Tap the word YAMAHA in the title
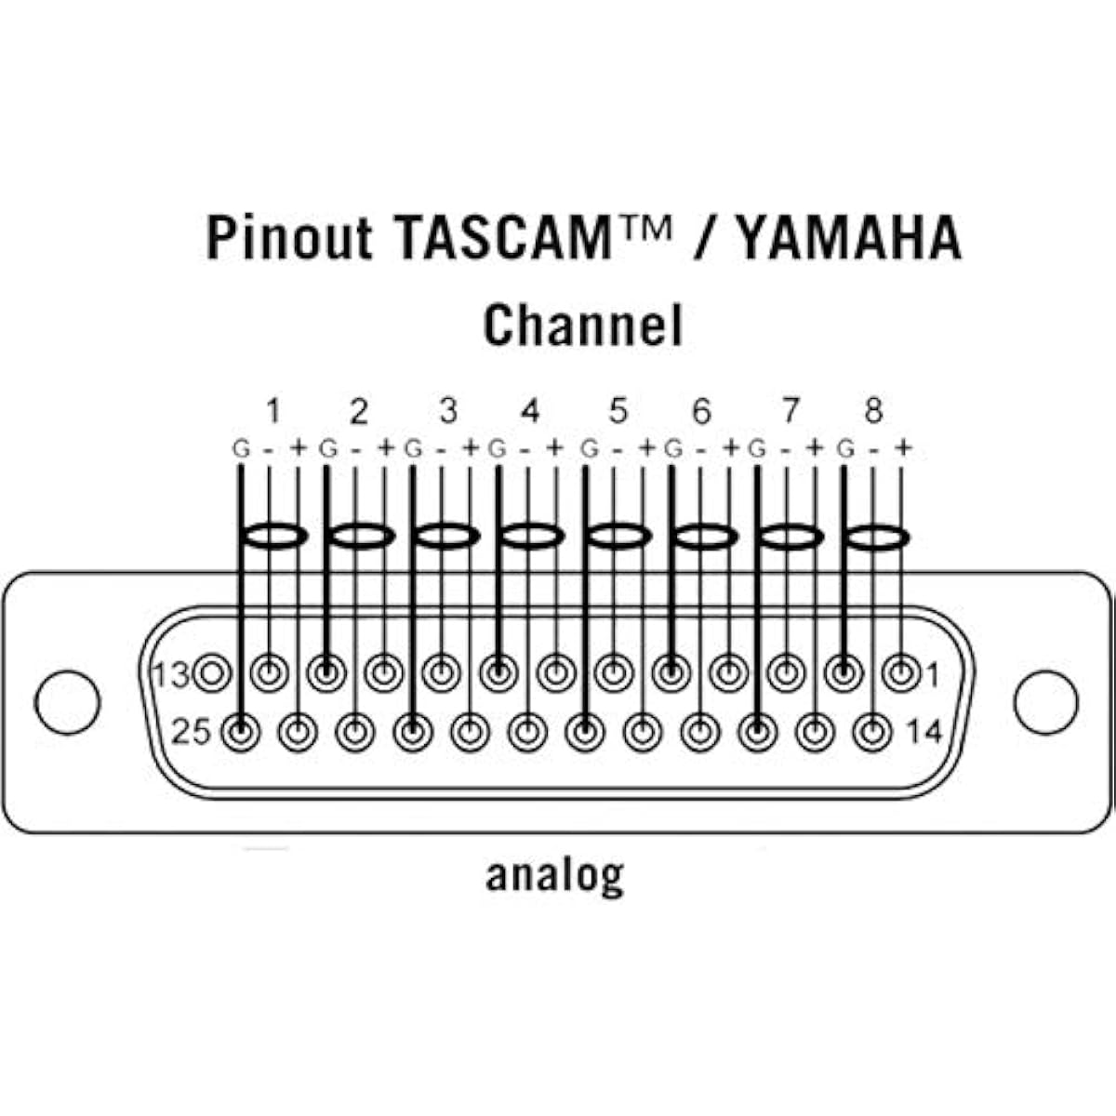pos(850,238)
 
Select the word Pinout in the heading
pos(289,238)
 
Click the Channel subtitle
pos(582,325)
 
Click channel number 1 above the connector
pos(274,411)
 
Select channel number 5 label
pos(618,411)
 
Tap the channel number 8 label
pos(873,411)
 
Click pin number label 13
pos(171,674)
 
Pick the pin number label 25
pos(192,732)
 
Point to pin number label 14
pos(923,732)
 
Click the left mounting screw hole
pos(68,702)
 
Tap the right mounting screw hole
pos(1046,702)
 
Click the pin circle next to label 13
pos(213,673)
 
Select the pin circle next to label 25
pos(241,732)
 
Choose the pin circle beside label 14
pos(872,732)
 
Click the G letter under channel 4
pos(498,449)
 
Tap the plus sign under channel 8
pos(903,447)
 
